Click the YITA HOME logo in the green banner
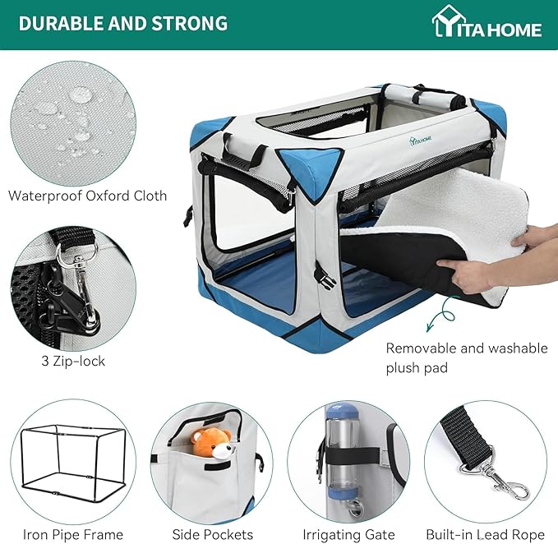click(x=487, y=21)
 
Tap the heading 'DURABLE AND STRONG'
click(x=123, y=24)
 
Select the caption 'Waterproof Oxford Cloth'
click(x=88, y=196)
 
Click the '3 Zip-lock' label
click(x=73, y=361)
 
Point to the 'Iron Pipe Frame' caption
click(x=73, y=534)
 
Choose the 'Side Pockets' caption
click(x=213, y=534)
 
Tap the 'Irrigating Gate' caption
click(x=348, y=535)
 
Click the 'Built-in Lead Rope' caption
click(x=486, y=534)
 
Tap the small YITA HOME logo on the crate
click(x=420, y=140)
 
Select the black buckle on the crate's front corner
click(x=325, y=276)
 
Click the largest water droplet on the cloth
click(x=80, y=95)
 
